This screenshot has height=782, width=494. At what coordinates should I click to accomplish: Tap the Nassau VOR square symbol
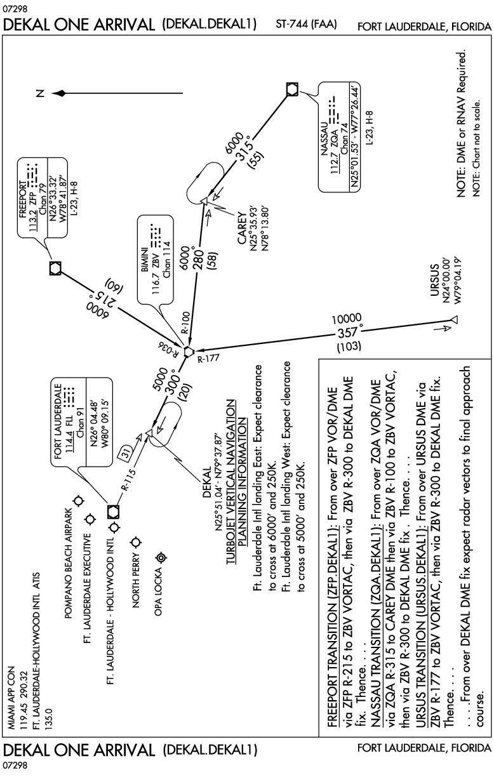click(x=291, y=89)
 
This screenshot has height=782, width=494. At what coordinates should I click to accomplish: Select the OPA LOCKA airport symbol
click(x=160, y=557)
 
